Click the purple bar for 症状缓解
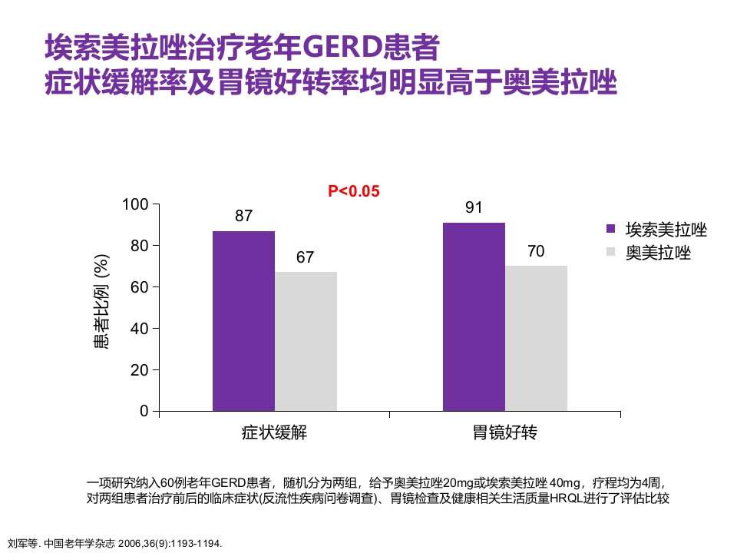click(243, 320)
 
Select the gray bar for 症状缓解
click(306, 341)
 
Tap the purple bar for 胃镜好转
click(474, 316)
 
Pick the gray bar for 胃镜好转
click(536, 338)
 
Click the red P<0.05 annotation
click(354, 191)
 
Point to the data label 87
click(243, 216)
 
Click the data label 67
click(306, 257)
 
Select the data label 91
click(474, 207)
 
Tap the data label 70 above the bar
click(536, 251)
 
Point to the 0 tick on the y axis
click(144, 411)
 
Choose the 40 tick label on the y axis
click(139, 329)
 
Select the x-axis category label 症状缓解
click(274, 433)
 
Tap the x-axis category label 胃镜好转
click(504, 433)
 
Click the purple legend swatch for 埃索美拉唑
click(611, 229)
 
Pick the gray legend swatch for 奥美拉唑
click(611, 252)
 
